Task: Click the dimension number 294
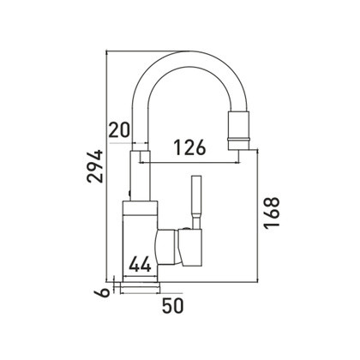click(x=95, y=166)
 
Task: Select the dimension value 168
click(x=272, y=213)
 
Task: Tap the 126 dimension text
click(x=190, y=147)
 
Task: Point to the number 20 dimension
click(x=119, y=130)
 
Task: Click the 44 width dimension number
click(x=140, y=264)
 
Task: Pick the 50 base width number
click(x=173, y=306)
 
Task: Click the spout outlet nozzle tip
click(x=238, y=130)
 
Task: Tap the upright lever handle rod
click(x=197, y=202)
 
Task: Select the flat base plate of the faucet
click(x=140, y=287)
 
